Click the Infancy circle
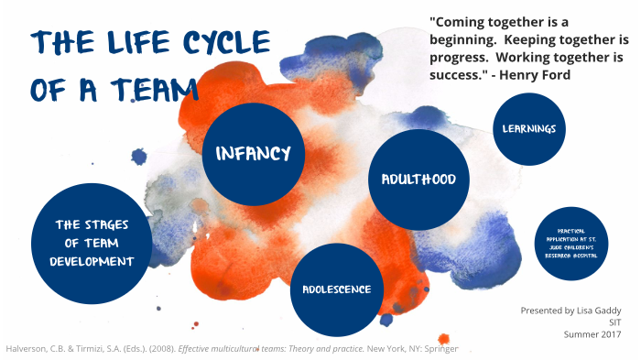254,152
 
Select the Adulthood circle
412,179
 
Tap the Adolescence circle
336,289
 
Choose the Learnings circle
529,128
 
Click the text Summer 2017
595,334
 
